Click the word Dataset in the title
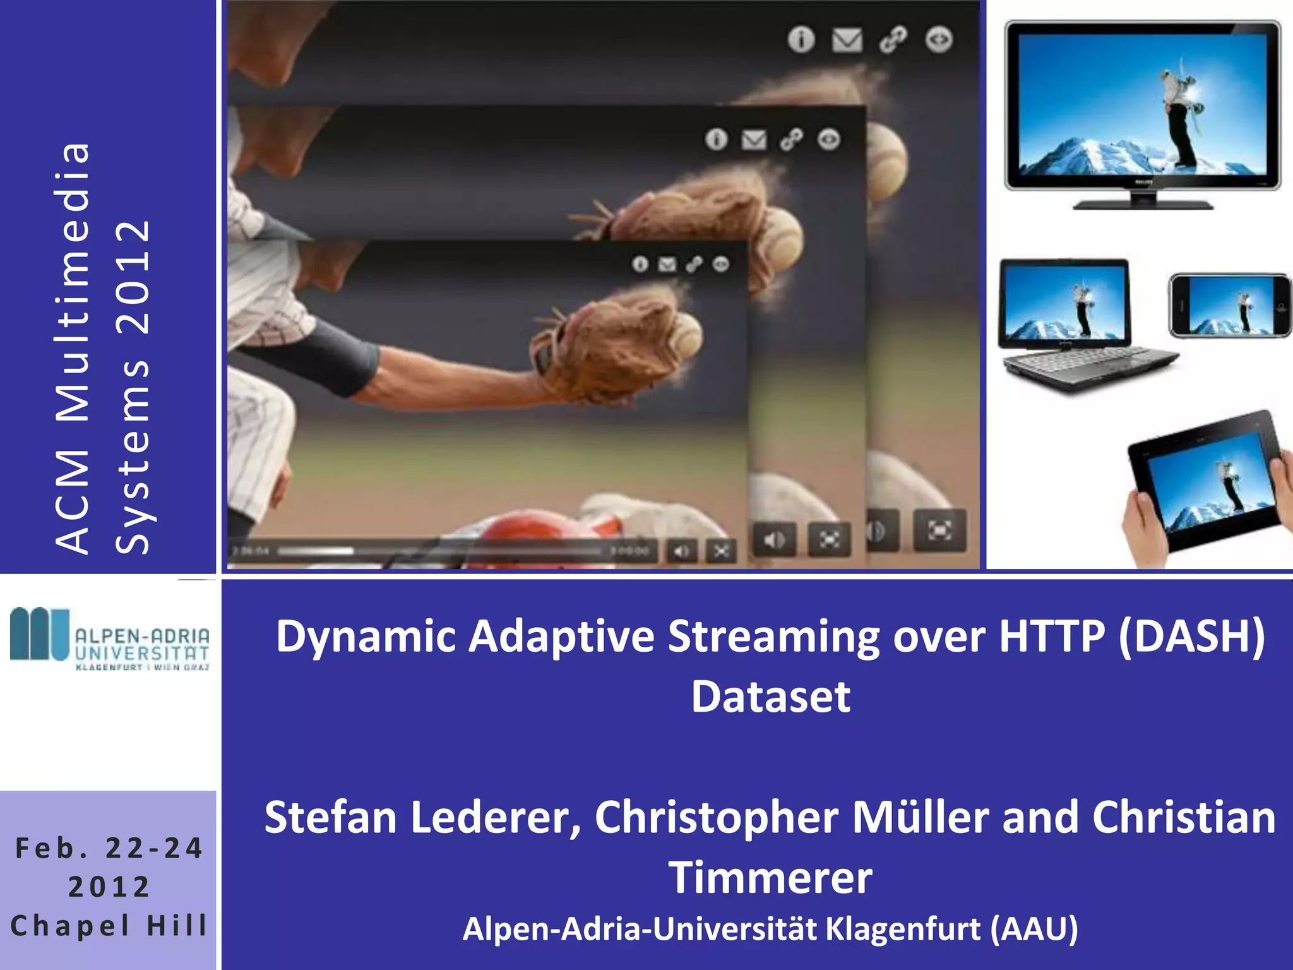click(770, 697)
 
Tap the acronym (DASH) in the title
click(1191, 636)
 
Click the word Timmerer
click(770, 878)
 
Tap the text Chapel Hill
click(109, 926)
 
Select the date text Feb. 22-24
click(109, 848)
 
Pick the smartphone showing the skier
click(1229, 306)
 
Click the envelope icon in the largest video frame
click(847, 40)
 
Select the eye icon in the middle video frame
click(829, 139)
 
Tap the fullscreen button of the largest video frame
click(939, 530)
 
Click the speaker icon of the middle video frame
click(775, 540)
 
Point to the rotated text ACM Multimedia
click(73, 347)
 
